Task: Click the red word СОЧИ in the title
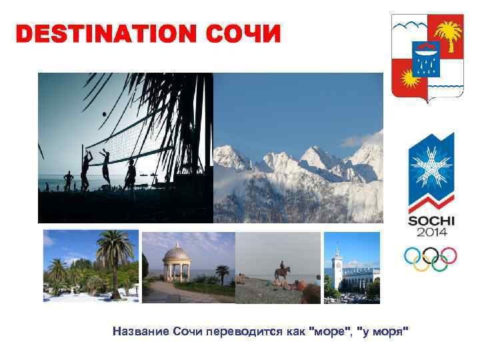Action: [244, 34]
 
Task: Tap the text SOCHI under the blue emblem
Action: [431, 221]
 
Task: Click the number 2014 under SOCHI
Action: [431, 233]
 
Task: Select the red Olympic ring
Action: [449, 255]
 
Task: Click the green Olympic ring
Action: [440, 263]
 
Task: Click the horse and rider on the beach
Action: [282, 273]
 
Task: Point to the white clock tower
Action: [337, 263]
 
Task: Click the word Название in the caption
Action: [142, 331]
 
